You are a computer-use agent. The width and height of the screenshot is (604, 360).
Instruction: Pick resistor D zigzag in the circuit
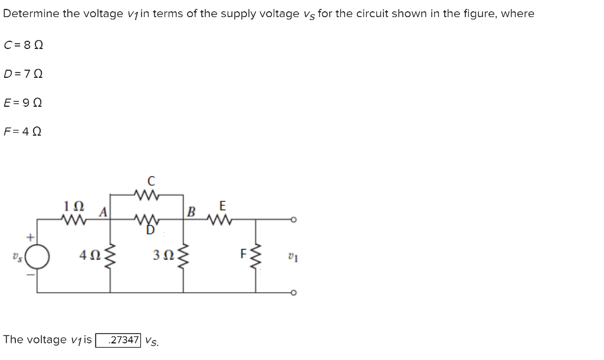(x=145, y=221)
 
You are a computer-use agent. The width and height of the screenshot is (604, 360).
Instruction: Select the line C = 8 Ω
(x=24, y=45)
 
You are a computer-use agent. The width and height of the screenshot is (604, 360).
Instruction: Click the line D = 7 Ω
(x=24, y=74)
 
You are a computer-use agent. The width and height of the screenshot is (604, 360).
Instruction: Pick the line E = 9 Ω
(x=24, y=103)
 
